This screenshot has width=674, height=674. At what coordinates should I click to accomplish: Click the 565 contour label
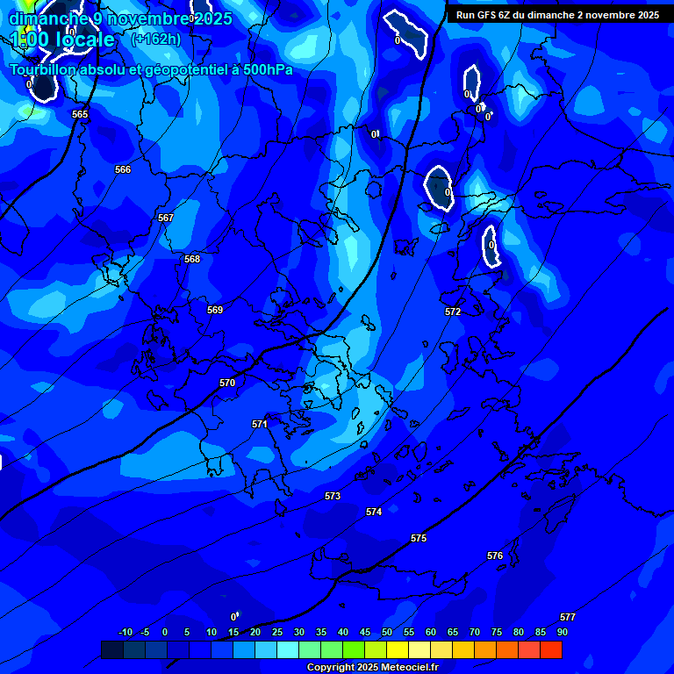80,114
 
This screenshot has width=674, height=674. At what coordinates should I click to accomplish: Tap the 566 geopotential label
123,169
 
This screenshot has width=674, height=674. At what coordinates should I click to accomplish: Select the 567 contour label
166,218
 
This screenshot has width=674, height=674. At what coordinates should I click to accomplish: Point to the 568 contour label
192,259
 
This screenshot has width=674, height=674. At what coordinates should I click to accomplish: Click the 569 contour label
215,310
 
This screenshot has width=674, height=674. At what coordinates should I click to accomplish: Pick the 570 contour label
227,383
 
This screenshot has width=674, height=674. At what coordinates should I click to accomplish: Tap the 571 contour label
260,424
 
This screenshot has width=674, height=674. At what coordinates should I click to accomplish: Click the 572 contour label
453,312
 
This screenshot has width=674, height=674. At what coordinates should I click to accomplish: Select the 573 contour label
333,496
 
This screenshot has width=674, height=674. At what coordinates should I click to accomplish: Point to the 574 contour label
374,512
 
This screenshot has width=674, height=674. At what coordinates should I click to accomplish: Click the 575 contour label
419,538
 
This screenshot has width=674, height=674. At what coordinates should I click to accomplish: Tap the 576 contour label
495,556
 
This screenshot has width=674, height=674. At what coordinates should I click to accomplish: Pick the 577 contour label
568,617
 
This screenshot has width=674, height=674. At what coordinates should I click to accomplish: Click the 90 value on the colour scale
562,632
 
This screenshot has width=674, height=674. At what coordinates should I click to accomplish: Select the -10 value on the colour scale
125,632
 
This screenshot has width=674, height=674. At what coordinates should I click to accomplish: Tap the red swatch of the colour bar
551,649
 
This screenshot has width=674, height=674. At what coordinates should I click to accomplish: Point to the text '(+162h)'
155,39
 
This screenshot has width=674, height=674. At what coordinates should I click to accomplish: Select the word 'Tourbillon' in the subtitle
43,69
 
